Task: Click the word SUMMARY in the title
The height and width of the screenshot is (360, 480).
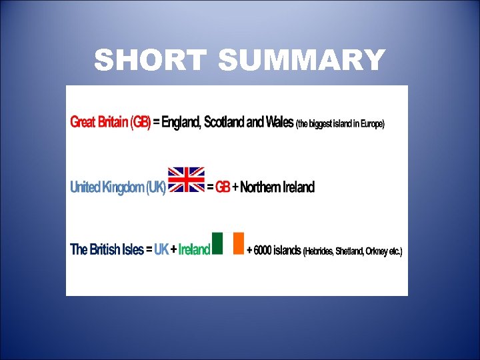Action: point(301,61)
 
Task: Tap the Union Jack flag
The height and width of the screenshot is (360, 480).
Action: point(186,180)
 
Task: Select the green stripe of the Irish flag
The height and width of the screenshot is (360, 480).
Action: point(217,243)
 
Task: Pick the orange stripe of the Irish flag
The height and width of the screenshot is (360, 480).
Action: point(239,243)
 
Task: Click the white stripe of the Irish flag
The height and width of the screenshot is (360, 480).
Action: point(228,243)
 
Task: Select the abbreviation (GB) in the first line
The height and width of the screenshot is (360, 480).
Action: point(140,123)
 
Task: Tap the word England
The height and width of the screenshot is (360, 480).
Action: point(181,123)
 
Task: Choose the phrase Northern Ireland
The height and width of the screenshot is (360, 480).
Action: point(277,187)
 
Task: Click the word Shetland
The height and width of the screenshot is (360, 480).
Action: point(351,252)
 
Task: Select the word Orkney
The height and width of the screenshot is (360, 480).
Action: point(380,252)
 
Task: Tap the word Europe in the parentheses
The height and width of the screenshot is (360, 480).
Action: point(370,124)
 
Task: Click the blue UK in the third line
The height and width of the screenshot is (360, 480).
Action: point(161,251)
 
